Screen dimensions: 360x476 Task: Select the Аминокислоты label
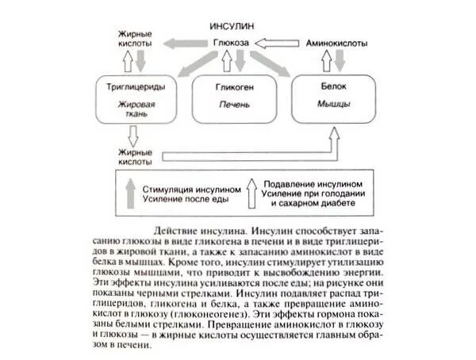[336, 42]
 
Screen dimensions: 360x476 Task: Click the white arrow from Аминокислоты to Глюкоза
[278, 42]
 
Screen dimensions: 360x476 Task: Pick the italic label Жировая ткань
[129, 108]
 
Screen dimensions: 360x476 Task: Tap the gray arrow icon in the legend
[128, 193]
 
